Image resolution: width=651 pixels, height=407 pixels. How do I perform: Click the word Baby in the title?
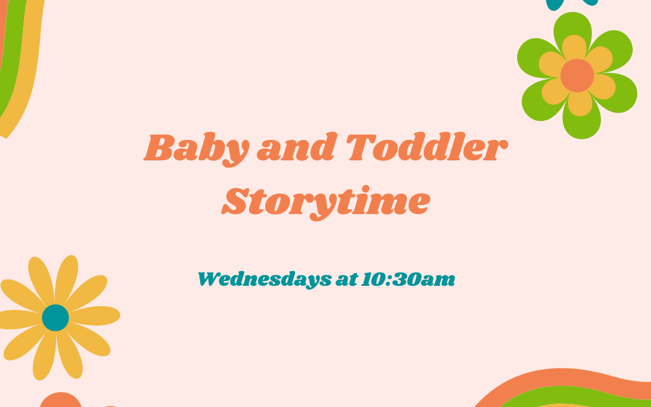pos(196,148)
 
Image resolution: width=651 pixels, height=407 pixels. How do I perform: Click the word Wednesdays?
pos(263,279)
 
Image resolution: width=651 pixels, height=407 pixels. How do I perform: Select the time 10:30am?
pos(408,279)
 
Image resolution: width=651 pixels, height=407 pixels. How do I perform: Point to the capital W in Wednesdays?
pos(210,279)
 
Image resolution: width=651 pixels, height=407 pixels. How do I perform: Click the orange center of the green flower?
pos(577,75)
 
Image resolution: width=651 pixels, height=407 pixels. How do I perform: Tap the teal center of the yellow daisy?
pos(55,318)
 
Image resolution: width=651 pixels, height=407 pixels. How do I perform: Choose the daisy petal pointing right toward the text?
pos(96,315)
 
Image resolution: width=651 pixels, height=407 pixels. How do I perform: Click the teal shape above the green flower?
pos(573,3)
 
